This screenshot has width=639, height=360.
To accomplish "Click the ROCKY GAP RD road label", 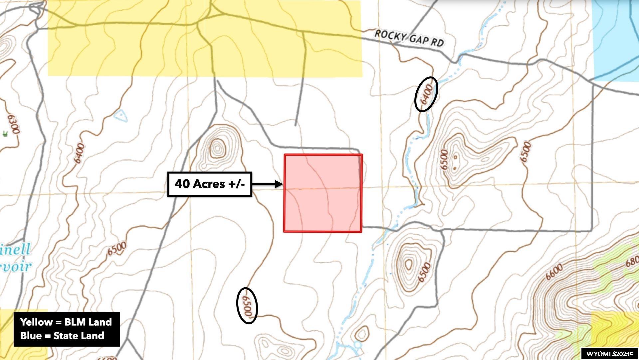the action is tap(409, 38).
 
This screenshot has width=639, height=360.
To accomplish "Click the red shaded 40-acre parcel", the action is tap(322, 193).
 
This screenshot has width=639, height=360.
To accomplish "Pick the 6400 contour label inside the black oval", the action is tap(426, 94).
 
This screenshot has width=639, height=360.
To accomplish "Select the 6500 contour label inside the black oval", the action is tap(247, 306).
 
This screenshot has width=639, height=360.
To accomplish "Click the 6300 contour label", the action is tap(14, 124).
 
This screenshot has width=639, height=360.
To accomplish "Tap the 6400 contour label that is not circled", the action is tap(79, 153).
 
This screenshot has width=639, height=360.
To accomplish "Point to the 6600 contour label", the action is tap(554, 272).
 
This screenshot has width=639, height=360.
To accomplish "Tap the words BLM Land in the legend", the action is tap(88, 322).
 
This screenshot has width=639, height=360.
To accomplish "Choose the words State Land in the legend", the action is tap(79, 336).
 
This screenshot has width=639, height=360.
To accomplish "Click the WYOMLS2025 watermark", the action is tap(609, 354).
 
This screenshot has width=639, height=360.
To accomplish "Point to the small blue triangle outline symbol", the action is tap(121, 115).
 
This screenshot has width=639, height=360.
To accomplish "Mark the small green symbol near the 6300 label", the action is tap(5, 134).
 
